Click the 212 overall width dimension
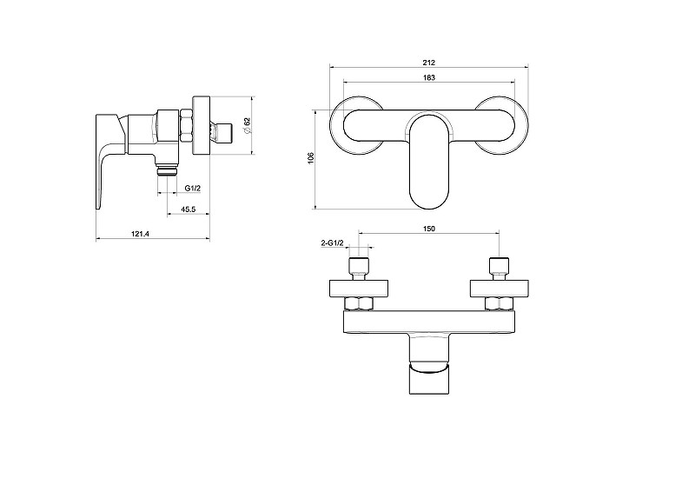(x=428, y=63)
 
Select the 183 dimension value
(x=428, y=77)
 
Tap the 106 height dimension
(x=310, y=157)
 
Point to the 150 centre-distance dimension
(x=428, y=229)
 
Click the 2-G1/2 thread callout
(x=333, y=243)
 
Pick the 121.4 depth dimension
(x=140, y=233)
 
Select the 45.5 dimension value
(x=188, y=209)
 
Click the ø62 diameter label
(x=247, y=125)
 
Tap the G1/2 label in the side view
(x=193, y=188)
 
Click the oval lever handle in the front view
(x=429, y=162)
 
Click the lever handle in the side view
(x=108, y=160)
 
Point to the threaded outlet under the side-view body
(x=168, y=170)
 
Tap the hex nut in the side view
(x=185, y=126)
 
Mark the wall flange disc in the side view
(x=201, y=125)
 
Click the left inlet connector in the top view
(x=358, y=269)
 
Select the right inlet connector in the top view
(x=499, y=269)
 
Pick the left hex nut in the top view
(x=360, y=304)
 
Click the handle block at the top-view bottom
(x=429, y=364)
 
